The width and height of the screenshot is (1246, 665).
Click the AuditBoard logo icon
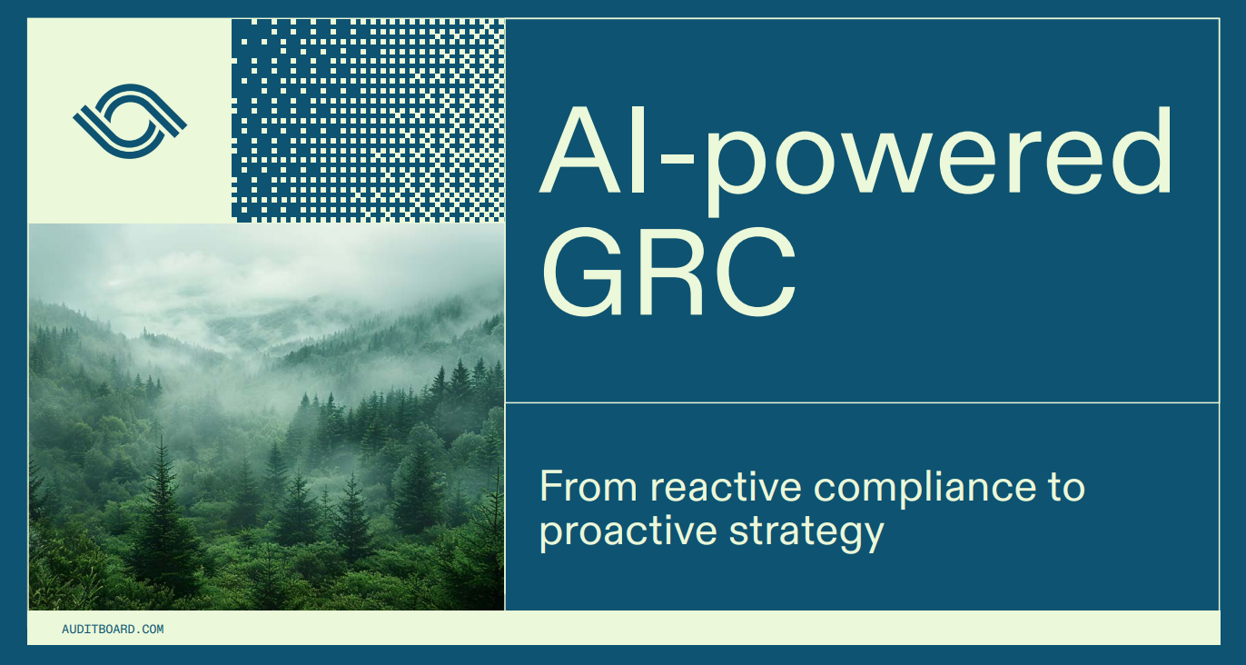pyautogui.click(x=130, y=121)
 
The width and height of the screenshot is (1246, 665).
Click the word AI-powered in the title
pyautogui.click(x=855, y=153)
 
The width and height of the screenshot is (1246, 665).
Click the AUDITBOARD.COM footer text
pyautogui.click(x=113, y=629)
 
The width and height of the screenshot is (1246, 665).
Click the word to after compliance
pyautogui.click(x=1062, y=487)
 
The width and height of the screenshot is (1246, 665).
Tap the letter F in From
pyautogui.click(x=549, y=487)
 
